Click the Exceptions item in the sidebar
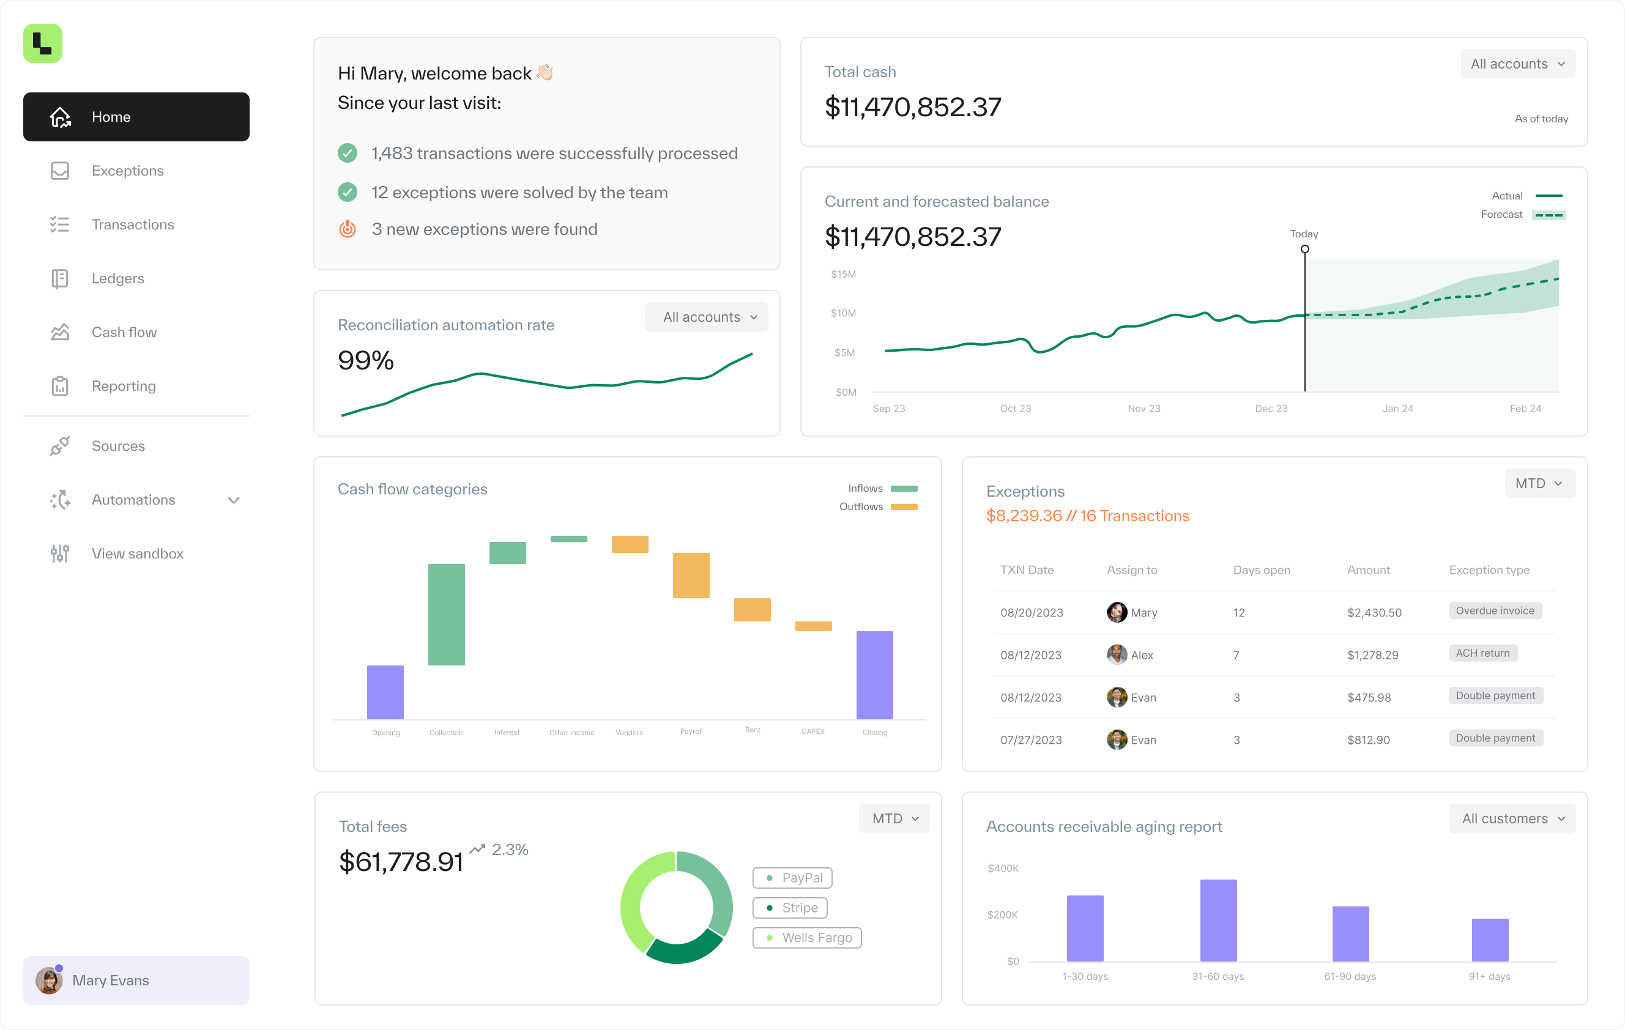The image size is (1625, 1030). (127, 171)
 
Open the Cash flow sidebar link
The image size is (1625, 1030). (124, 332)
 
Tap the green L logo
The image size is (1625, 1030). (42, 44)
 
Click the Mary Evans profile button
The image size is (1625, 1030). (136, 979)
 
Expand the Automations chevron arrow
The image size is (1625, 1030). (234, 500)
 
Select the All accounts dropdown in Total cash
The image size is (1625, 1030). (1517, 64)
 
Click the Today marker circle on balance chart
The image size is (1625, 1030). (1304, 249)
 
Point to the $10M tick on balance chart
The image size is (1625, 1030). (843, 313)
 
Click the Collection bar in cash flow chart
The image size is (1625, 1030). (446, 614)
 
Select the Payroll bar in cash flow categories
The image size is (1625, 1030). (690, 575)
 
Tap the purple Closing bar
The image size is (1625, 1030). (874, 675)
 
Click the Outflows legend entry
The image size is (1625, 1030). (877, 506)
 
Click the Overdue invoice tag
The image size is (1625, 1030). (1494, 610)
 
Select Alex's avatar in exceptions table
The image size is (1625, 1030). (1116, 654)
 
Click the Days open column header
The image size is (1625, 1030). (1260, 570)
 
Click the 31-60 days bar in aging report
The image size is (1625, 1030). (1218, 920)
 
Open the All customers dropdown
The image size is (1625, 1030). (1511, 818)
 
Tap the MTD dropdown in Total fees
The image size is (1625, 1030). (893, 818)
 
